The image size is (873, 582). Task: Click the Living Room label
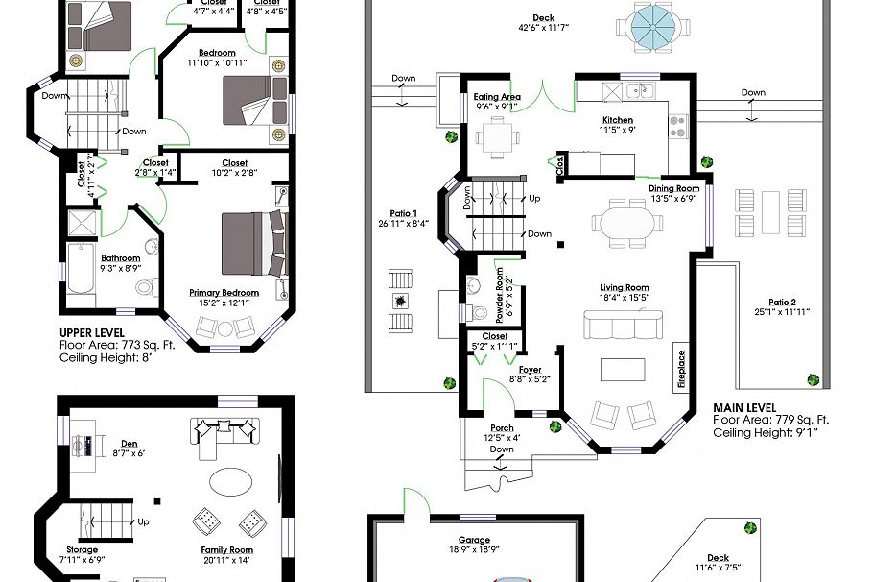coord(625,287)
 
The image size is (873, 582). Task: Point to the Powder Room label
coord(499,294)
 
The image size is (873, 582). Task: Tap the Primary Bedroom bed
coord(252,244)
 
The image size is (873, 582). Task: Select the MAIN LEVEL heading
coord(744,407)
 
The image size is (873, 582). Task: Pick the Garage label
coord(474,540)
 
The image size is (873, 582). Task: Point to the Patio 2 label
coord(783,300)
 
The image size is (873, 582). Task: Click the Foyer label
coord(530,369)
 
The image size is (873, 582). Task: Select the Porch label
coord(502,428)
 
